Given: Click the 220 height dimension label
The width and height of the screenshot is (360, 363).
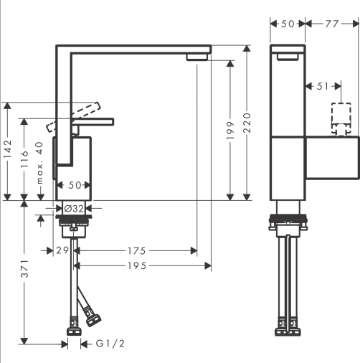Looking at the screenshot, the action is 247,123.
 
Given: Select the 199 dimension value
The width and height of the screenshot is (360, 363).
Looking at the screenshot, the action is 230,131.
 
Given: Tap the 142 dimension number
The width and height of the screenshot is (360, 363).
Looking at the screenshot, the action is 8,148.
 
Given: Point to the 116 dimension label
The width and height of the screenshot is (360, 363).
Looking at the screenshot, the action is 24,159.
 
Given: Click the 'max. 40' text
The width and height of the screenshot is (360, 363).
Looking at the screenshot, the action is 39,163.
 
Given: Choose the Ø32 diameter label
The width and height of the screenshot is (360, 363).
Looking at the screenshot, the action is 74,209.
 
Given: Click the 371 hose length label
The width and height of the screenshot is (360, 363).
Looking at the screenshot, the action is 24,269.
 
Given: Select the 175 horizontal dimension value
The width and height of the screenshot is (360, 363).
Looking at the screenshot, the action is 136,251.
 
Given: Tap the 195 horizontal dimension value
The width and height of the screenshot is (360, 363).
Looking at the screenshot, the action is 137,265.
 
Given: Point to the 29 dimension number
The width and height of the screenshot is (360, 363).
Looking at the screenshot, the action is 62,250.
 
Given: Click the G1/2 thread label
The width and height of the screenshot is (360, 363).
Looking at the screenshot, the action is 110,344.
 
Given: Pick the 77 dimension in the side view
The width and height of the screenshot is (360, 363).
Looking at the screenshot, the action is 332,24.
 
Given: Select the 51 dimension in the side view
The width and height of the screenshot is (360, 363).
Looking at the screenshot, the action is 323,86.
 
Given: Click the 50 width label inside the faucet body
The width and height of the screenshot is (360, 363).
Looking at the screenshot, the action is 75,185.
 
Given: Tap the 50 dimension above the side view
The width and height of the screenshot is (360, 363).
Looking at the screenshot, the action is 288,24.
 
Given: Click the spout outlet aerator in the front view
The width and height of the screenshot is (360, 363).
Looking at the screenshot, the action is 196,57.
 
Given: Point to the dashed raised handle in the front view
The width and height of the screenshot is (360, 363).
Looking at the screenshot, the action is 73,117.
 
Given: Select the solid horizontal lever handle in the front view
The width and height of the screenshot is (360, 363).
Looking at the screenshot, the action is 93,122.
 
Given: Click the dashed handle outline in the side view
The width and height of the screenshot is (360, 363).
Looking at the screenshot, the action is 341,119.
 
